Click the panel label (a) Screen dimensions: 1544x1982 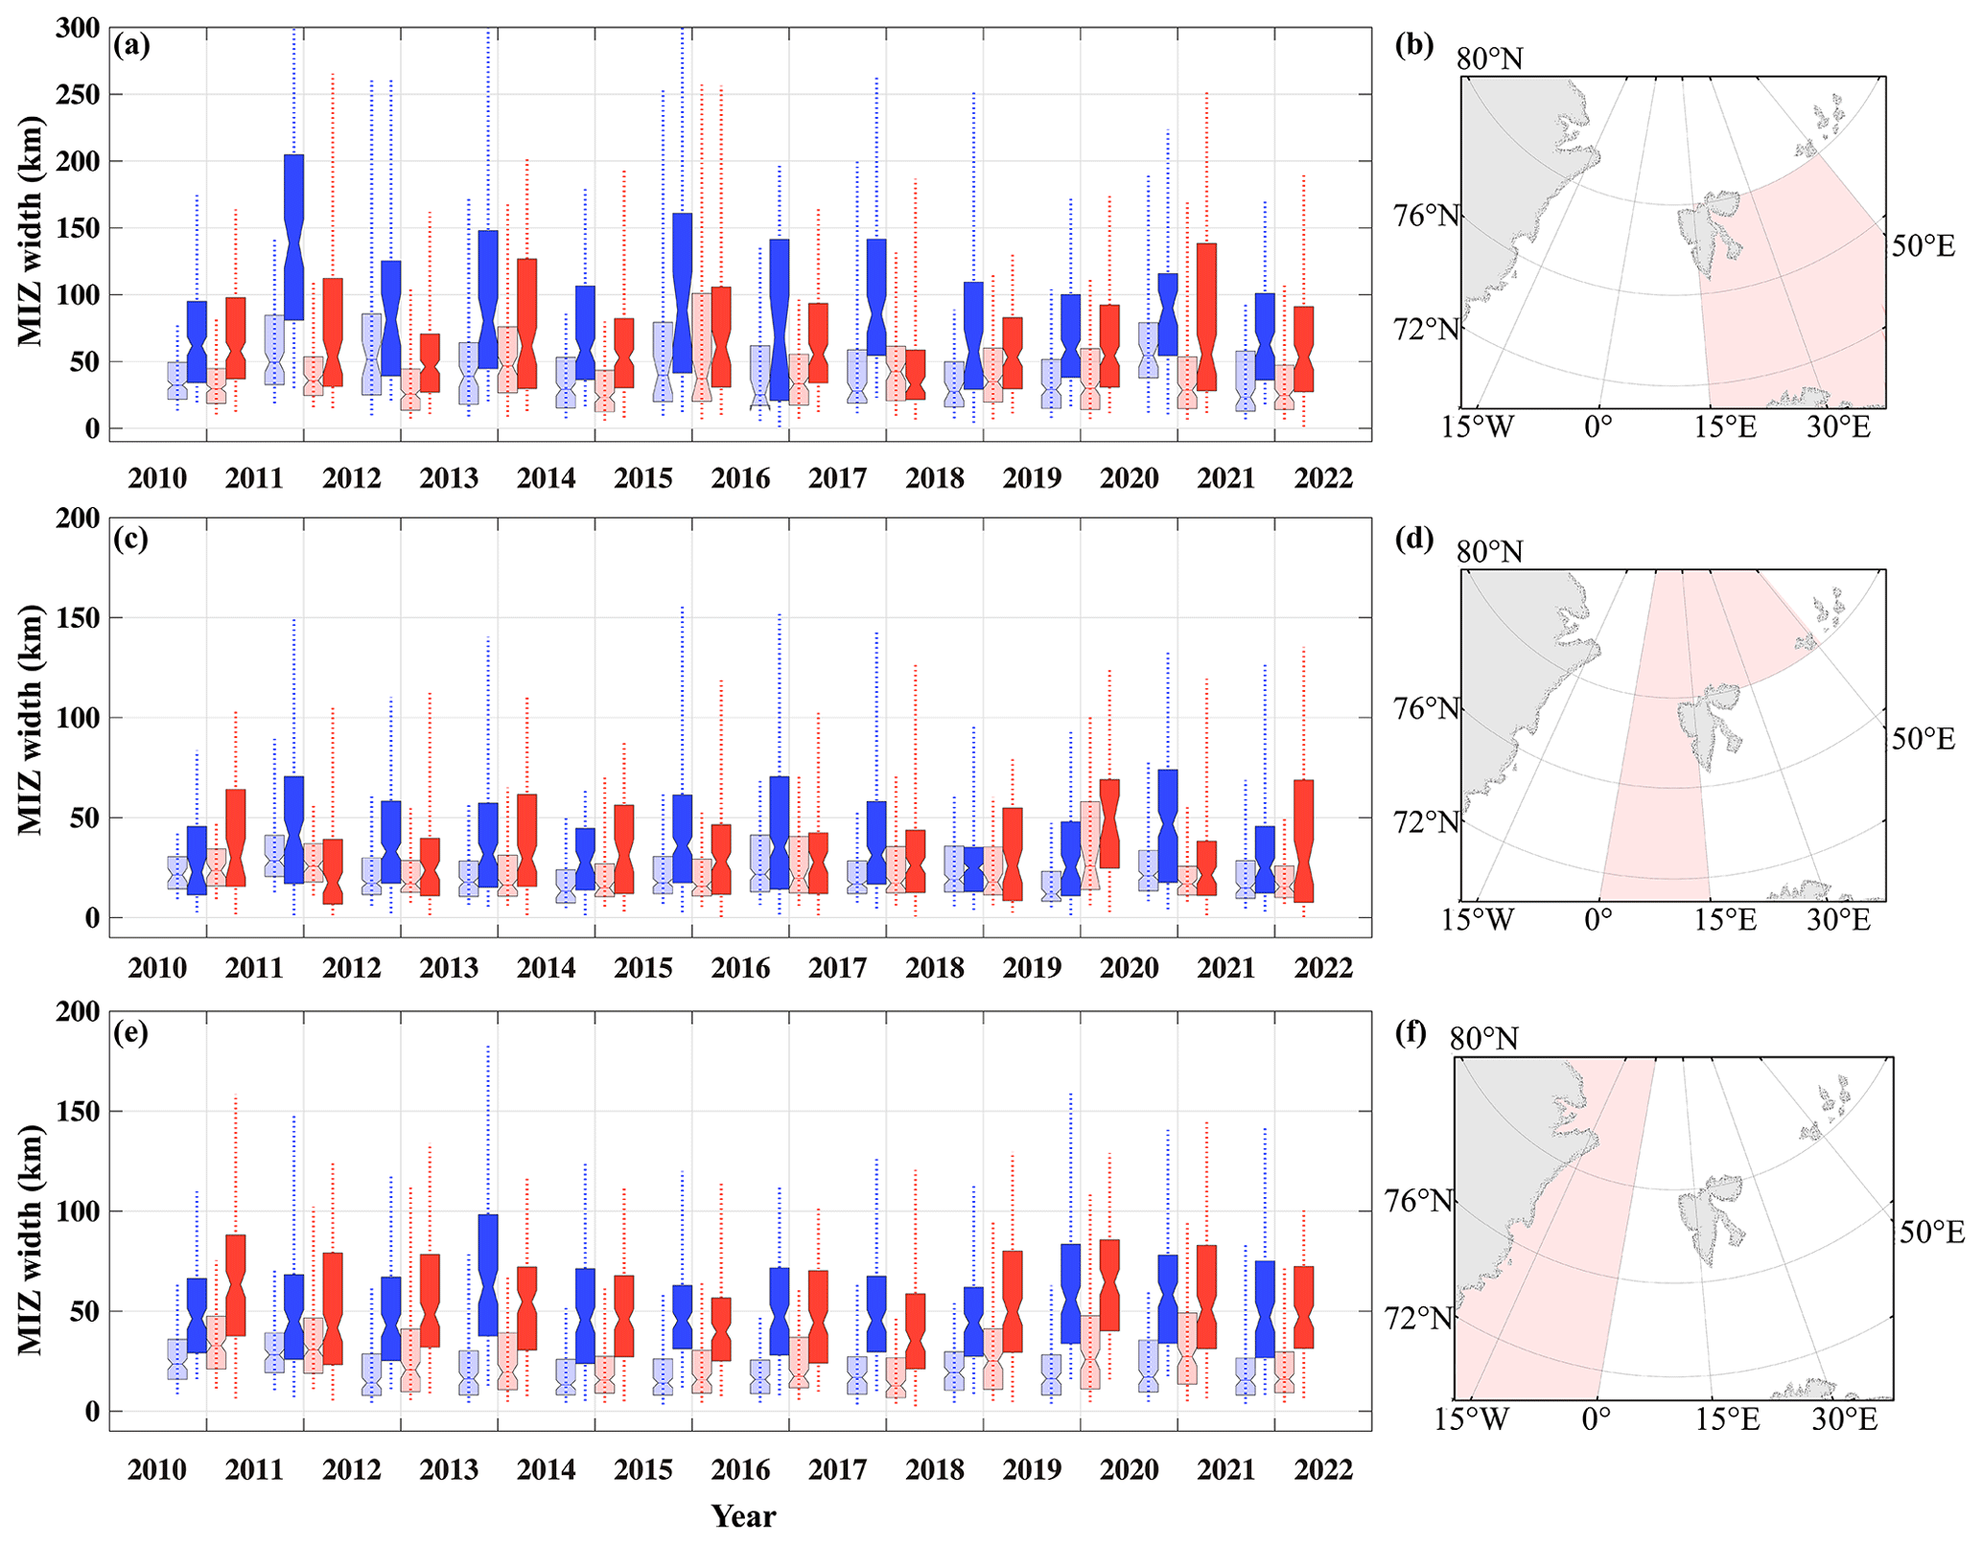[x=131, y=46]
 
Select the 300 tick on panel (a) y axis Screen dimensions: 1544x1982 [x=78, y=28]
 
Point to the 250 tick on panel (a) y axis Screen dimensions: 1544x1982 [x=78, y=95]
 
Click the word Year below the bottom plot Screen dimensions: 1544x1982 [x=743, y=1515]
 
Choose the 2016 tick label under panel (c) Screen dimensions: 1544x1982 [x=740, y=968]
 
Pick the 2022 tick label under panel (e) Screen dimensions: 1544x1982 [x=1323, y=1469]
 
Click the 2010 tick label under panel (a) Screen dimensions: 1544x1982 [x=157, y=477]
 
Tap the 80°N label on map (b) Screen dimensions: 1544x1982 [x=1489, y=59]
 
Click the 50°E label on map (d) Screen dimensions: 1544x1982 [x=1923, y=739]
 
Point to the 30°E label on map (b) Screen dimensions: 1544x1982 [x=1838, y=427]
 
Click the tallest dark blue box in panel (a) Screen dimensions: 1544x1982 [x=293, y=237]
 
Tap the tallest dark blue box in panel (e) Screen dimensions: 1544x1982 [x=487, y=1275]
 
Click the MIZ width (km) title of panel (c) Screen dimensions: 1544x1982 [x=31, y=720]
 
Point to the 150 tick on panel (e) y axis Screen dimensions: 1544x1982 [x=78, y=1112]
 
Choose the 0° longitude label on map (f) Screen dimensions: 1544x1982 [x=1596, y=1418]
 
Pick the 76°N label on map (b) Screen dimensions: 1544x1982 [x=1426, y=216]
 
